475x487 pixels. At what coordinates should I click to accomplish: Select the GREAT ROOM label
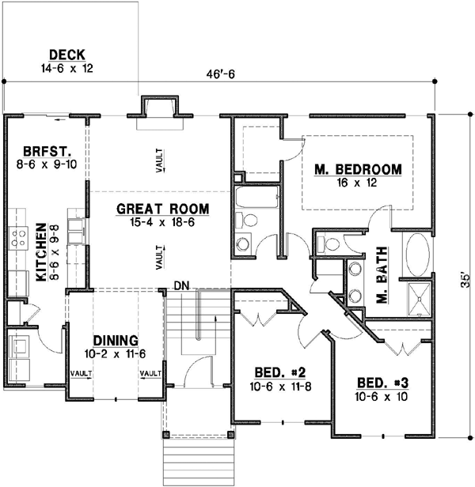click(x=162, y=209)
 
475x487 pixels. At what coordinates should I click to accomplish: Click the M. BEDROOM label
click(x=357, y=170)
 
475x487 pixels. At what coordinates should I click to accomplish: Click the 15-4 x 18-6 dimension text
click(x=162, y=223)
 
